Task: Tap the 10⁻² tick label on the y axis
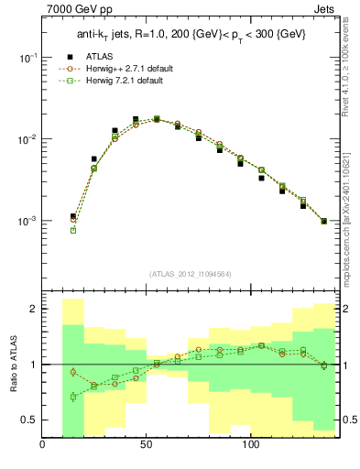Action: click(28, 139)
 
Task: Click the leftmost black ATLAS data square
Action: click(73, 216)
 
